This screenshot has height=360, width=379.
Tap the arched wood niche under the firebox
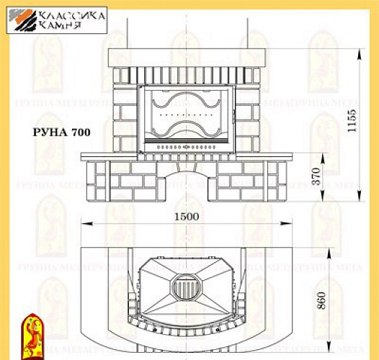pyautogui.click(x=187, y=183)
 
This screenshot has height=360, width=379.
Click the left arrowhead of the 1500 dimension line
pyautogui.click(x=83, y=225)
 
